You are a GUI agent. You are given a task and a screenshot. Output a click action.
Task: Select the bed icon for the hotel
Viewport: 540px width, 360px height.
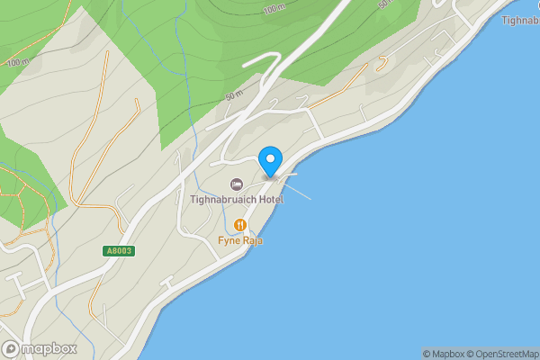(x=238, y=184)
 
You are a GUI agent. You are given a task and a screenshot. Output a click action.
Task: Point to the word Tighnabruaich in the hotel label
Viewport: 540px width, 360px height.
(x=220, y=199)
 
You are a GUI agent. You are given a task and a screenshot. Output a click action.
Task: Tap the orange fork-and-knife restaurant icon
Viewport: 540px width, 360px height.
(x=240, y=225)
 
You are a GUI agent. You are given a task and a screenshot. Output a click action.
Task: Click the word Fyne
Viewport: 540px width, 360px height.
(x=229, y=240)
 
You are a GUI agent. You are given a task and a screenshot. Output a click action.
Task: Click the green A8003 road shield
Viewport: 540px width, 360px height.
(x=118, y=251)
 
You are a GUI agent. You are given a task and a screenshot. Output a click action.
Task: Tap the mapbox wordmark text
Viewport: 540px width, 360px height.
(x=49, y=348)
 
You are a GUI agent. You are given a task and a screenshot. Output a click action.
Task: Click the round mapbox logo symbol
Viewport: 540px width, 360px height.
(x=11, y=348)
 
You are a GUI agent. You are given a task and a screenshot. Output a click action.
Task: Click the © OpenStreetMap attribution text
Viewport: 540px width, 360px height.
(x=503, y=354)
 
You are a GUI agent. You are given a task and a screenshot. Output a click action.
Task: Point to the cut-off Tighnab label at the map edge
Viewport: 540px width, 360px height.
(x=520, y=20)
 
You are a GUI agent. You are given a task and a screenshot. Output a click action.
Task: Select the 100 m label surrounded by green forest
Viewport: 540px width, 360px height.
(x=274, y=9)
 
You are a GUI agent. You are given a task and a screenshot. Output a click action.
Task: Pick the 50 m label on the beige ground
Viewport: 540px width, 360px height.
(x=235, y=94)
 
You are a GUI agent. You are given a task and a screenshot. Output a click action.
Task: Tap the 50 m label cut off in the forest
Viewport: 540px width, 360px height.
(x=387, y=4)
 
